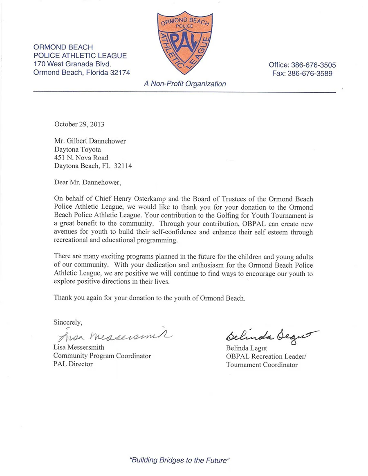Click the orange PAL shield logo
184,41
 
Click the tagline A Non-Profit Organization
184,84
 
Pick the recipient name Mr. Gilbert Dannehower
90,141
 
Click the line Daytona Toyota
77,150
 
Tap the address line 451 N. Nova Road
81,158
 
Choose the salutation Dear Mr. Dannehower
88,182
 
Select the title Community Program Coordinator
102,356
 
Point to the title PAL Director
73,364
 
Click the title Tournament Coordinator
262,365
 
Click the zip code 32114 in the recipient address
123,166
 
